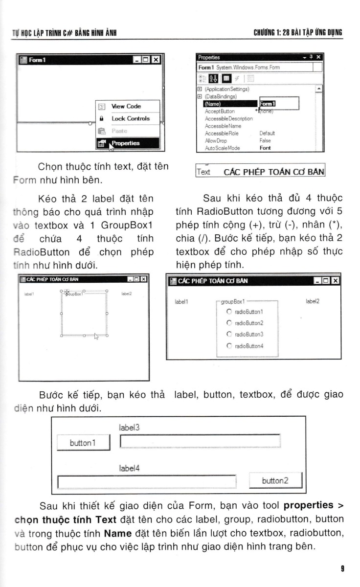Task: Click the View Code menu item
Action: coord(126,106)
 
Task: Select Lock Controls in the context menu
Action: coord(130,118)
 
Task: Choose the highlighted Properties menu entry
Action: coord(125,143)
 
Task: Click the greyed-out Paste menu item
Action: coord(119,131)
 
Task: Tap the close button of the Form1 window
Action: coord(155,60)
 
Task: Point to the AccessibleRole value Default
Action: coord(267,133)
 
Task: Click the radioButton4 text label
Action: coord(249,346)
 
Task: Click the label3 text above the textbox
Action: coord(129,428)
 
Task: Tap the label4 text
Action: coord(129,468)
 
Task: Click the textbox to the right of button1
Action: coord(200,441)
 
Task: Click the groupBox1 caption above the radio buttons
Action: coord(233,302)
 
